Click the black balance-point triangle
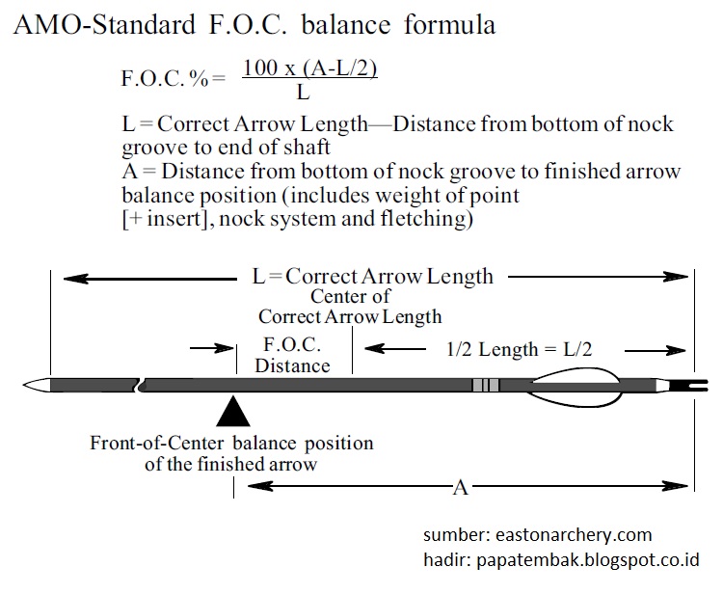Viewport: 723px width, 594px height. tap(233, 412)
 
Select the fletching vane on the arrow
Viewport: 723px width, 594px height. tap(576, 387)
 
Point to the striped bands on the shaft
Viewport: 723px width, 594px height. tap(486, 386)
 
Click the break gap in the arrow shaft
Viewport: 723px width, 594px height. tap(141, 386)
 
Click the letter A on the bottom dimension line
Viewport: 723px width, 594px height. tap(461, 488)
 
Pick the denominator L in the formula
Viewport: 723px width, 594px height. tap(302, 93)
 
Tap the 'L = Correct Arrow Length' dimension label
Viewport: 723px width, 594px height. tap(372, 276)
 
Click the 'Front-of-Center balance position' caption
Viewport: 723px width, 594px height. tap(231, 444)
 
